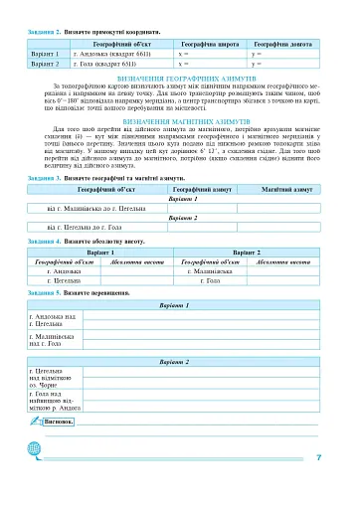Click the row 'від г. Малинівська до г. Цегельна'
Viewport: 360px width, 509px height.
(x=92, y=207)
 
